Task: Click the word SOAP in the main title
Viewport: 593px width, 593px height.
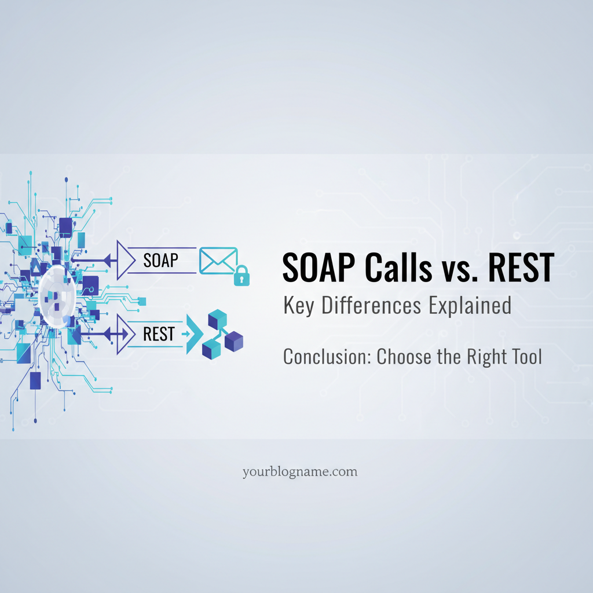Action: pyautogui.click(x=319, y=268)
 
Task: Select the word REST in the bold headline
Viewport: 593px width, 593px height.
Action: pyautogui.click(x=521, y=268)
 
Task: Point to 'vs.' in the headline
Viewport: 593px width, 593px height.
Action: pyautogui.click(x=459, y=271)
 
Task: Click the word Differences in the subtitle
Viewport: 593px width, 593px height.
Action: pyautogui.click(x=371, y=305)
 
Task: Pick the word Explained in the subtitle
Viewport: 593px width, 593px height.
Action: pyautogui.click(x=470, y=306)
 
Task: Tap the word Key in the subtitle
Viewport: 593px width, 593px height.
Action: pyautogui.click(x=299, y=306)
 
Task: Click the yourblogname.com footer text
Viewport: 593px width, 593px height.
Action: pyautogui.click(x=300, y=472)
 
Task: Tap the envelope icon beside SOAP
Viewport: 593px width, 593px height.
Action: pyautogui.click(x=218, y=261)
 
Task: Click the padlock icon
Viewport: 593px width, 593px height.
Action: pyautogui.click(x=241, y=275)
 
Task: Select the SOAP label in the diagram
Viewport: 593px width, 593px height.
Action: pyautogui.click(x=160, y=261)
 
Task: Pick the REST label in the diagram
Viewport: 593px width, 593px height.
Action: pyautogui.click(x=159, y=334)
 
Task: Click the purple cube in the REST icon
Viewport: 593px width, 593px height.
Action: pyautogui.click(x=234, y=342)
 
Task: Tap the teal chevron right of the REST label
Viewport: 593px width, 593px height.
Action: pyautogui.click(x=195, y=334)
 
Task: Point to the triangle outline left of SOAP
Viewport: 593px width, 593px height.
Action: pyautogui.click(x=126, y=260)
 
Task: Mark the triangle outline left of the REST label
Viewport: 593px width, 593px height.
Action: pyautogui.click(x=126, y=334)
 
